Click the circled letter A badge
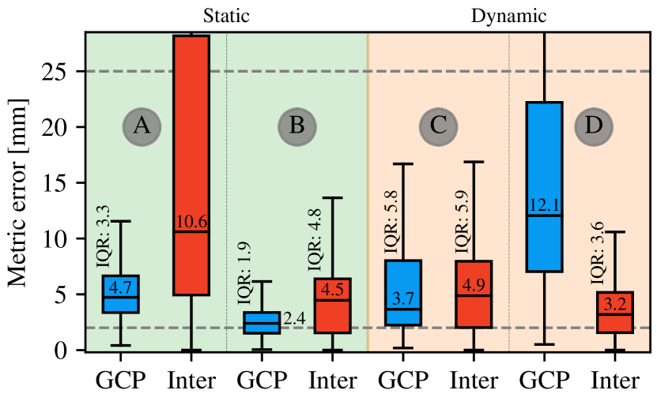click(142, 126)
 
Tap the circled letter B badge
click(296, 126)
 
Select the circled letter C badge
click(439, 126)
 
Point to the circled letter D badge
click(593, 126)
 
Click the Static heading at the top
click(226, 15)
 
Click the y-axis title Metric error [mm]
click(20, 193)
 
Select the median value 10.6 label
click(191, 222)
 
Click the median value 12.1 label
click(545, 205)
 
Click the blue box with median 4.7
click(120, 294)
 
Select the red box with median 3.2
click(614, 313)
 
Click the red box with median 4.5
click(332, 306)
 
